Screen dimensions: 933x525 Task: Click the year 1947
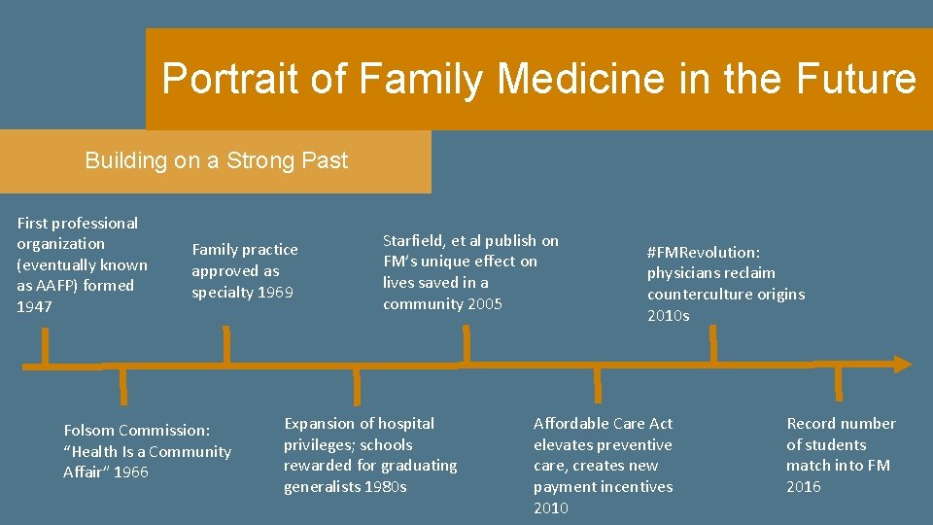[x=35, y=306]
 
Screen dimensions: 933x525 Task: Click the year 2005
[x=483, y=303]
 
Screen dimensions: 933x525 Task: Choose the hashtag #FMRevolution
[x=704, y=252]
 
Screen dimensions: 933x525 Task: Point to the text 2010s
[x=668, y=315]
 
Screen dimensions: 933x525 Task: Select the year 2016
[x=803, y=486]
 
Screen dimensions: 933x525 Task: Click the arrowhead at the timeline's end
[x=903, y=365]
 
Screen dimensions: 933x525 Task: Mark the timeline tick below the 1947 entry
[x=44, y=347]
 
